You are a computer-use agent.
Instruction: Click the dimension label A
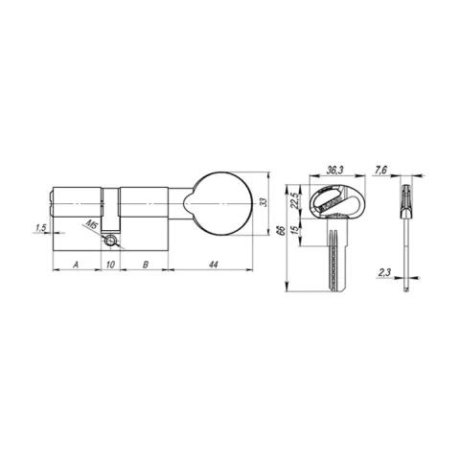click(x=76, y=264)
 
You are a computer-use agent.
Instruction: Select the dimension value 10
click(x=110, y=264)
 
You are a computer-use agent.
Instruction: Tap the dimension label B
click(x=146, y=264)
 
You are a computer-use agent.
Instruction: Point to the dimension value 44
click(x=214, y=264)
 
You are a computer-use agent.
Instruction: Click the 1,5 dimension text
click(x=41, y=228)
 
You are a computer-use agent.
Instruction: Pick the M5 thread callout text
click(x=92, y=224)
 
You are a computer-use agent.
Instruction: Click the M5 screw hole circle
click(x=110, y=241)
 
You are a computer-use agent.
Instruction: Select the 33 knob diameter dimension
click(x=263, y=202)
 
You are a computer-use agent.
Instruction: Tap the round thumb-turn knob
click(x=218, y=204)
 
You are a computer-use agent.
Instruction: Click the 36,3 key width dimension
click(x=334, y=171)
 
